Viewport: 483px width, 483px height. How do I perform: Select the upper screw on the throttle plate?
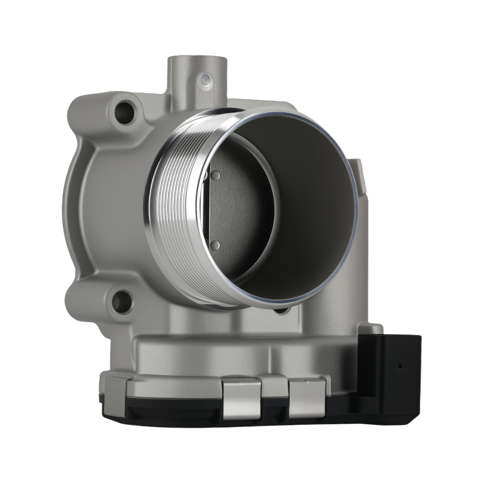click(216, 175)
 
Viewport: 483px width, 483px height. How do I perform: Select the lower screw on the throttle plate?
click(216, 245)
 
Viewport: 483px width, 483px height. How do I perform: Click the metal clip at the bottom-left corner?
click(115, 389)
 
